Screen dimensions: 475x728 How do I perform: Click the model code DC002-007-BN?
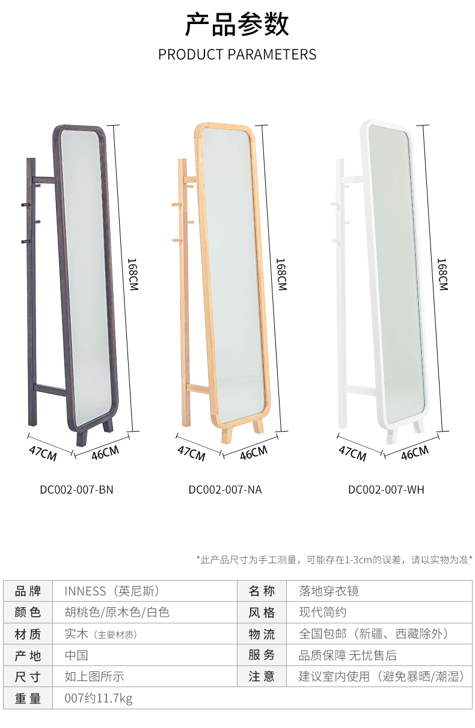[x=76, y=489]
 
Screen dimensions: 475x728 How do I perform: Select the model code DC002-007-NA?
[x=225, y=489]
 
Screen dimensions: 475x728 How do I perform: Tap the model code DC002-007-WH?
[x=386, y=489]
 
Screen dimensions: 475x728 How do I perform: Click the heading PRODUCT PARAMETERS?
[x=237, y=55]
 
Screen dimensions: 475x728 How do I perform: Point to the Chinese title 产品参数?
[x=237, y=25]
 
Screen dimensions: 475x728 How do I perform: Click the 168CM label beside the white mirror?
[x=443, y=275]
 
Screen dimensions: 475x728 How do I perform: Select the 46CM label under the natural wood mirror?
[x=254, y=453]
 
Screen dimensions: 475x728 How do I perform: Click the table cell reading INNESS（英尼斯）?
[x=112, y=591]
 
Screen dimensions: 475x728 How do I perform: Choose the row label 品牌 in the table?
[x=28, y=591]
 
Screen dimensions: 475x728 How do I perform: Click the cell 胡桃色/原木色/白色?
[x=117, y=612]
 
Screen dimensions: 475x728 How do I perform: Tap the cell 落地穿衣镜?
[x=329, y=591]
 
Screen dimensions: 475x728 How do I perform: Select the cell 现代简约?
[x=323, y=612]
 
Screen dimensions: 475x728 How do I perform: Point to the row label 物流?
[x=262, y=634]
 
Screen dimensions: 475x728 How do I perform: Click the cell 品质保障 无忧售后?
[x=348, y=655]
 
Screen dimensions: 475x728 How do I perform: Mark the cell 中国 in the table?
[x=76, y=655]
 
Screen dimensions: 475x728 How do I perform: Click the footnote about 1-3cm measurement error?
[x=334, y=560]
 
